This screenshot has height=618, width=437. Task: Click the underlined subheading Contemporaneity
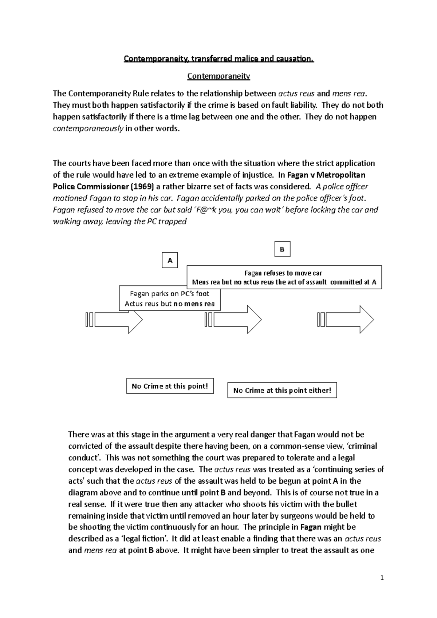(219, 76)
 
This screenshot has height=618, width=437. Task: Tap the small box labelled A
(170, 260)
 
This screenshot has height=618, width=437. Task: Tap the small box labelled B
(282, 249)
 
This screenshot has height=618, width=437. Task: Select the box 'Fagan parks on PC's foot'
(170, 298)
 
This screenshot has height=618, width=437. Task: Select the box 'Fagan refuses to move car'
(284, 277)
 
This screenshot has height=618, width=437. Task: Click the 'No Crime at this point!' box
(170, 386)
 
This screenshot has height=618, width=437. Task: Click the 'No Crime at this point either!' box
(282, 390)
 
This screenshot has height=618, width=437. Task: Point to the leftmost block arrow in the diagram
(115, 320)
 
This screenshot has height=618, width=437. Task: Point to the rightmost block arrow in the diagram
(346, 320)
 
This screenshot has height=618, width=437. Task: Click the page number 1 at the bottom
(382, 578)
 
